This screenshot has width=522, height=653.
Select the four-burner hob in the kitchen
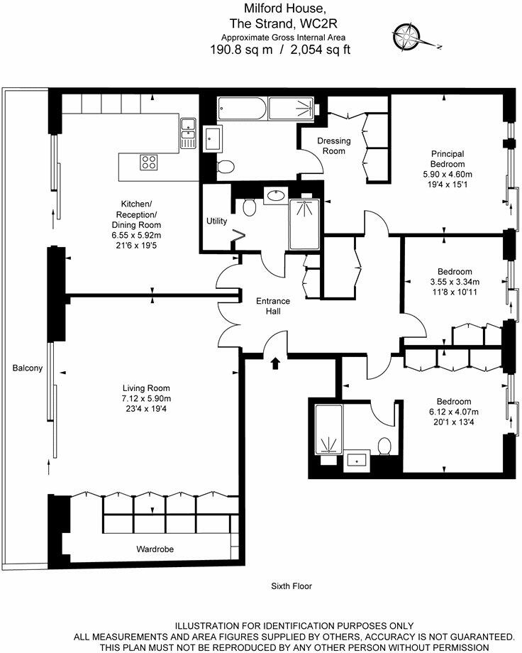pos(149,162)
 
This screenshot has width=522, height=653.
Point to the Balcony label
pos(27,368)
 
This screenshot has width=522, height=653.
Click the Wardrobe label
pos(155,549)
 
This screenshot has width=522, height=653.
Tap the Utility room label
pos(216,221)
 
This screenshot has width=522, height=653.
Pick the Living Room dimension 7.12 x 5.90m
pos(147,398)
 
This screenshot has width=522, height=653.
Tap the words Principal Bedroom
pos(448,159)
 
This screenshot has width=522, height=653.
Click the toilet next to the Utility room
pos(249,207)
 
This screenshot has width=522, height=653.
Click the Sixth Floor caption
pos(291,586)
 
